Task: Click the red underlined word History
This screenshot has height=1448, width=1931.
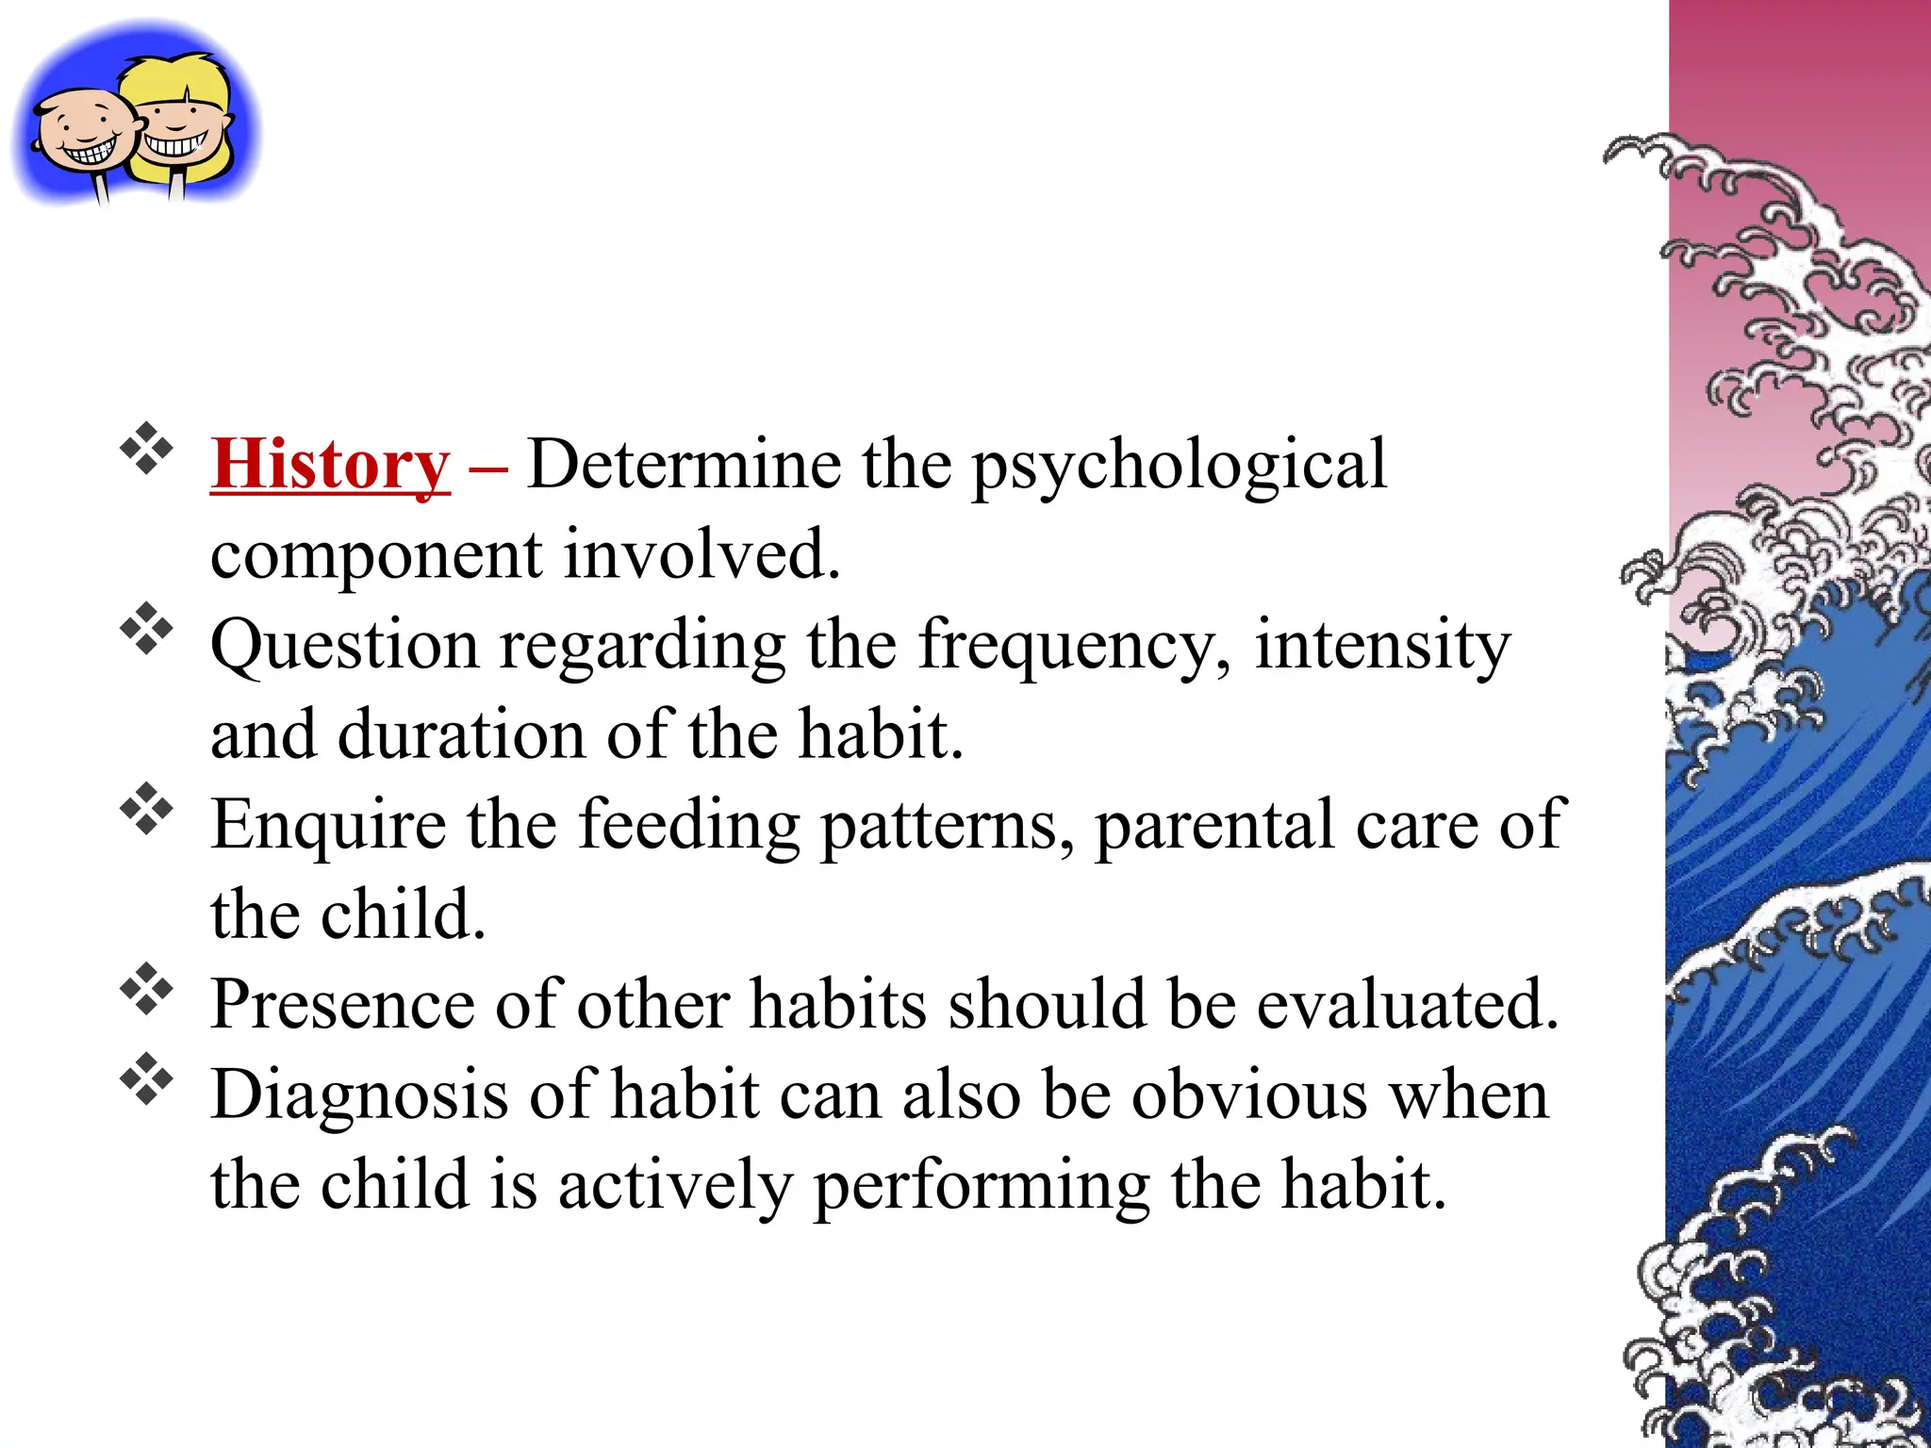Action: (330, 465)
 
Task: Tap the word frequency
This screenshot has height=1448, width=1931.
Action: (1075, 648)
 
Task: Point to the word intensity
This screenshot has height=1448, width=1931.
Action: (1382, 646)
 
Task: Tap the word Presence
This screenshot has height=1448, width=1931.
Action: (341, 1004)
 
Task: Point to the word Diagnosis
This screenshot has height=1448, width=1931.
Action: (358, 1096)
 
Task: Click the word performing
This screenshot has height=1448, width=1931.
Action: (981, 1187)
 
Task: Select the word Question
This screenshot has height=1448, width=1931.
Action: (345, 648)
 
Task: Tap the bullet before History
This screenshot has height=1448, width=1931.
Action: (146, 449)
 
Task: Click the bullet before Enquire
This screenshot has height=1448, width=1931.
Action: (146, 809)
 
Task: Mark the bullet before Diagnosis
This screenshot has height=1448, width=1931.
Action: (146, 1080)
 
